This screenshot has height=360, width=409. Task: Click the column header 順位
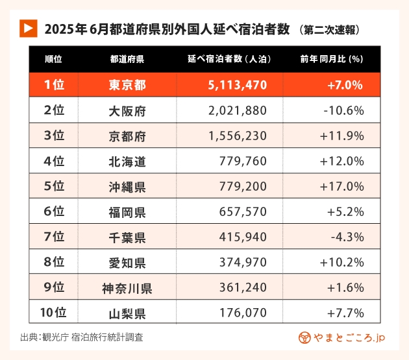(54, 59)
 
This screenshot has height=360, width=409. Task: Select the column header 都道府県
(127, 59)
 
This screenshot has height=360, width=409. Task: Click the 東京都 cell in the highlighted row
(127, 84)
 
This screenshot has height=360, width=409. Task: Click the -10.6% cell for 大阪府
(343, 110)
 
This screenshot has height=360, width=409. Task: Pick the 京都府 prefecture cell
(127, 136)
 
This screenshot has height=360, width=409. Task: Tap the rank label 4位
(54, 162)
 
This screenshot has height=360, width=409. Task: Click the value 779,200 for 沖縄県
(244, 187)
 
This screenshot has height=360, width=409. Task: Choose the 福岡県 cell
(127, 212)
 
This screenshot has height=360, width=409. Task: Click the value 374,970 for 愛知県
(244, 263)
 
